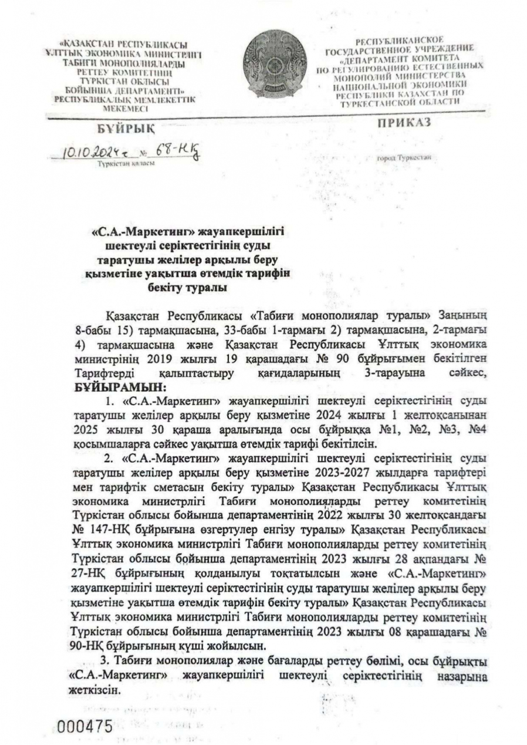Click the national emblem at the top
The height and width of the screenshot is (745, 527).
[276, 68]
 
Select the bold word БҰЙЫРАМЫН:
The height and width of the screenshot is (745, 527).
[121, 387]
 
